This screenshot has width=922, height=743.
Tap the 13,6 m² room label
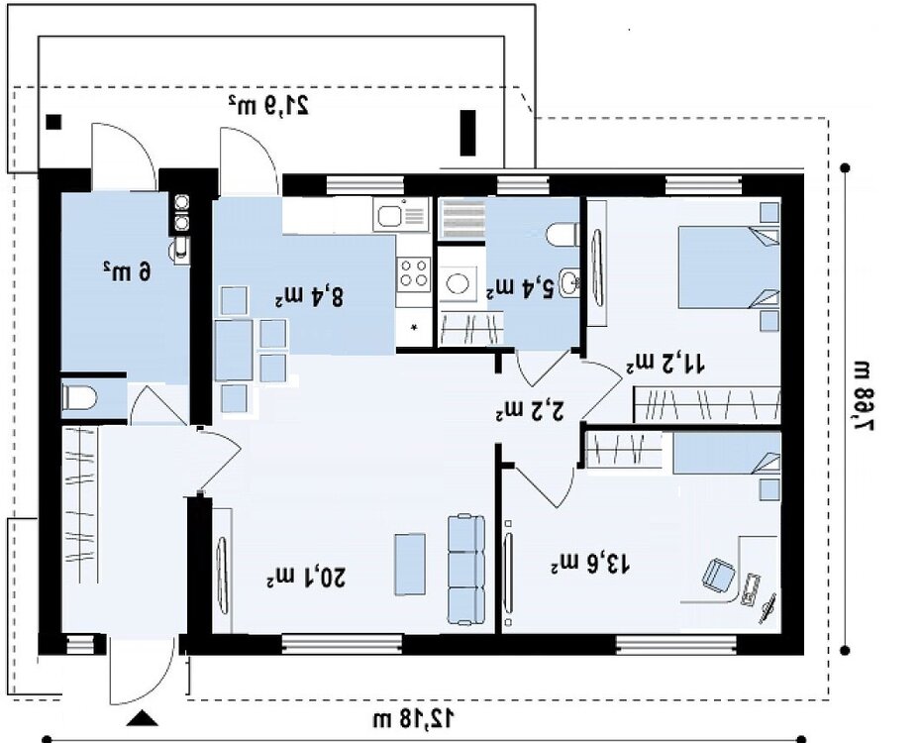coord(590,565)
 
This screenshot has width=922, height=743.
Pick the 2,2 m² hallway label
coord(530,410)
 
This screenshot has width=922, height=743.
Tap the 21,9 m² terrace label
coord(269,104)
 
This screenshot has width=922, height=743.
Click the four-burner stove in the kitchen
coord(413,274)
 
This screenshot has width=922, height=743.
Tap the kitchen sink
coord(400,214)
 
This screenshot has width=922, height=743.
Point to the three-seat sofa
coord(466,570)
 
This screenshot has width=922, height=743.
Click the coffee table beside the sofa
coord(410,564)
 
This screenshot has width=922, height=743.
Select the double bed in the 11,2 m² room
coord(729,267)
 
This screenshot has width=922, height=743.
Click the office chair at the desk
coord(718,575)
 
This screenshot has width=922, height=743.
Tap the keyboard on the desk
coord(751,589)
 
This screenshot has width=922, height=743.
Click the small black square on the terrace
coord(54,122)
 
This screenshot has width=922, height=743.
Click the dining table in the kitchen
coord(234,351)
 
